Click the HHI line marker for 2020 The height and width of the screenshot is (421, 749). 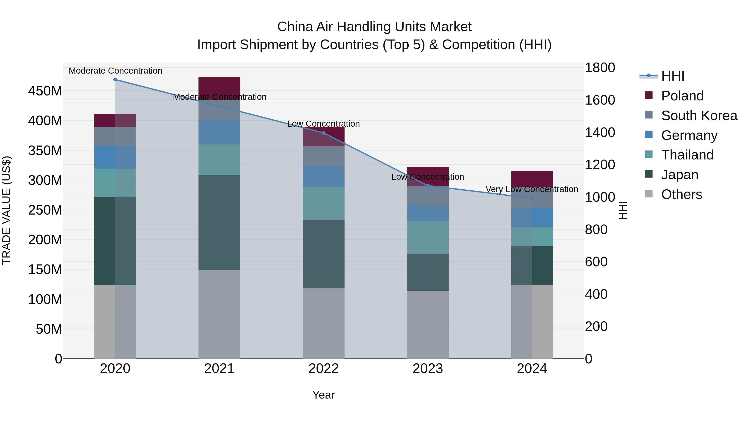pos(115,80)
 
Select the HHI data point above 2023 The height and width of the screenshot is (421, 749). pos(428,186)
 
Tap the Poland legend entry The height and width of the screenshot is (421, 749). pos(682,96)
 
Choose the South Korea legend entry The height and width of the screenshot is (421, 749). pos(699,116)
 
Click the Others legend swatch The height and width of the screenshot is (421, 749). pos(649,194)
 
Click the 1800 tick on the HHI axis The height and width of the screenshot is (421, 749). pos(600,68)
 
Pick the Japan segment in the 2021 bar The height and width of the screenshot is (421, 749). pos(219,222)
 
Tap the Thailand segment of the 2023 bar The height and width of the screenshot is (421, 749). pos(428,237)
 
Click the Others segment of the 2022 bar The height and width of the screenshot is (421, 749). pos(323,323)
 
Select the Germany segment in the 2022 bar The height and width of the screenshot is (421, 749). pos(323,176)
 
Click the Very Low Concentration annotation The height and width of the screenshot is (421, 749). pos(532,189)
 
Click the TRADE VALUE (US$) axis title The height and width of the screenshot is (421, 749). pos(7,210)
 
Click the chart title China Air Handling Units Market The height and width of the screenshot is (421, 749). pos(374,27)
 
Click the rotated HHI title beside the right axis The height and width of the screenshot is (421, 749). pos(623,210)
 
